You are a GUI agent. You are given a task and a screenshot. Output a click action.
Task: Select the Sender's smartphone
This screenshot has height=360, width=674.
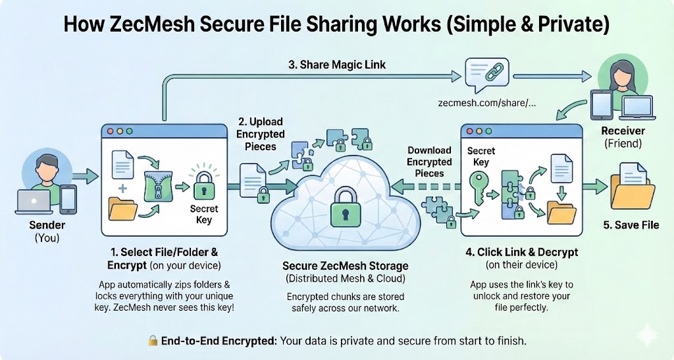point(68,198)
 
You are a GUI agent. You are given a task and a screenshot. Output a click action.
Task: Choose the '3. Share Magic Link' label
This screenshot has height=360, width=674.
point(337,64)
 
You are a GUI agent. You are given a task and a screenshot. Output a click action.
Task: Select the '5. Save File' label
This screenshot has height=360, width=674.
point(631,224)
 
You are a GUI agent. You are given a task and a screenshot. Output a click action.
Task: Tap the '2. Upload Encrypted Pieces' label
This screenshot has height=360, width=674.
point(260,134)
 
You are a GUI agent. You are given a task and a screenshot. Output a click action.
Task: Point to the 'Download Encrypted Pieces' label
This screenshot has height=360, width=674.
point(429,162)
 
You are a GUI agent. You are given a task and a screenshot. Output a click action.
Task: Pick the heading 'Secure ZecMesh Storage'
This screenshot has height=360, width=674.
point(345,266)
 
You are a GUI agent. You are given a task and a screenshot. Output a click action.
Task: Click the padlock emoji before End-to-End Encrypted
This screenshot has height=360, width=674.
point(152,340)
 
